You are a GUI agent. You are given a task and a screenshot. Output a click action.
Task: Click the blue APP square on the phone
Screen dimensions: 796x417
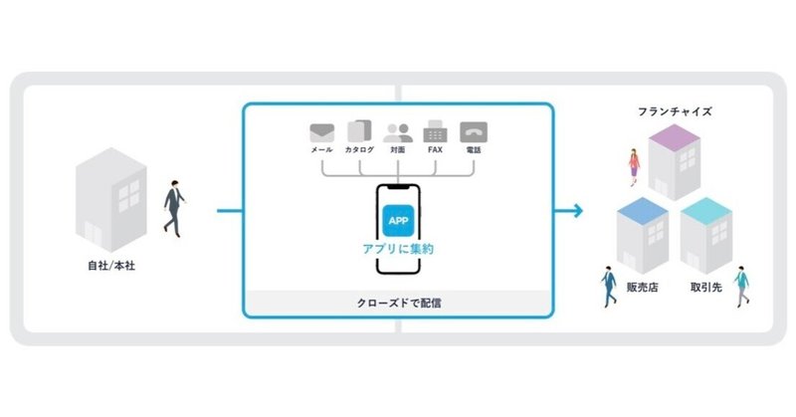pyautogui.click(x=398, y=221)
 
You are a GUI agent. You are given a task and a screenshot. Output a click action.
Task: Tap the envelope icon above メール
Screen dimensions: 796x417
pyautogui.click(x=321, y=133)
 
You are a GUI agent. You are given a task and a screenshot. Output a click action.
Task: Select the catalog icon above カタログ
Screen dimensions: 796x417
pyautogui.click(x=359, y=131)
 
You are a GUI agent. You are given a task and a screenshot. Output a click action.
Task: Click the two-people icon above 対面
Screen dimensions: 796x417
pyautogui.click(x=397, y=133)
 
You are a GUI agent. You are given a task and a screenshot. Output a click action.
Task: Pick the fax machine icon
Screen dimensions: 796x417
pyautogui.click(x=435, y=131)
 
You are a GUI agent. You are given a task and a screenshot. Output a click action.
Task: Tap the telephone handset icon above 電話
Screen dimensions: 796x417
pyautogui.click(x=474, y=132)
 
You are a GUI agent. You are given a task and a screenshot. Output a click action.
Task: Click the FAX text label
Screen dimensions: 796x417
pyautogui.click(x=435, y=150)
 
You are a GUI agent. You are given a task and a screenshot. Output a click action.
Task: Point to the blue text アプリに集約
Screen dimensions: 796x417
pyautogui.click(x=398, y=249)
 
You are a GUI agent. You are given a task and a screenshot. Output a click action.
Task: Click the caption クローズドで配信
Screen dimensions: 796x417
pyautogui.click(x=399, y=304)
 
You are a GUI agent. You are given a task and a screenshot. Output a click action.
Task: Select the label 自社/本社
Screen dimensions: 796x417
pyautogui.click(x=111, y=266)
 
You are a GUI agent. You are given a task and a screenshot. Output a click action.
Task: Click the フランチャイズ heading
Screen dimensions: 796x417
pyautogui.click(x=675, y=111)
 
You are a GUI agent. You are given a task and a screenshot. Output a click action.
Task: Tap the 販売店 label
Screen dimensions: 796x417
pyautogui.click(x=642, y=288)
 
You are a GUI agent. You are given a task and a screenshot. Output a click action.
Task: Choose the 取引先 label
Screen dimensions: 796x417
pyautogui.click(x=705, y=288)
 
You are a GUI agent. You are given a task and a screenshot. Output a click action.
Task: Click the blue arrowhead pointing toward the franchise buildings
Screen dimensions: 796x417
pyautogui.click(x=577, y=210)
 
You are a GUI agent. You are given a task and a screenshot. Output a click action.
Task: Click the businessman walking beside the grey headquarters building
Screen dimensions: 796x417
pyautogui.click(x=174, y=208)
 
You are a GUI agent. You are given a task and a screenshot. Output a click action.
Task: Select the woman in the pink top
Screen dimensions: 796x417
pyautogui.click(x=634, y=167)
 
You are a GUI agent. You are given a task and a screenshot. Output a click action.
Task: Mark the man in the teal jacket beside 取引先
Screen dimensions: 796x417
pyautogui.click(x=741, y=286)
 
